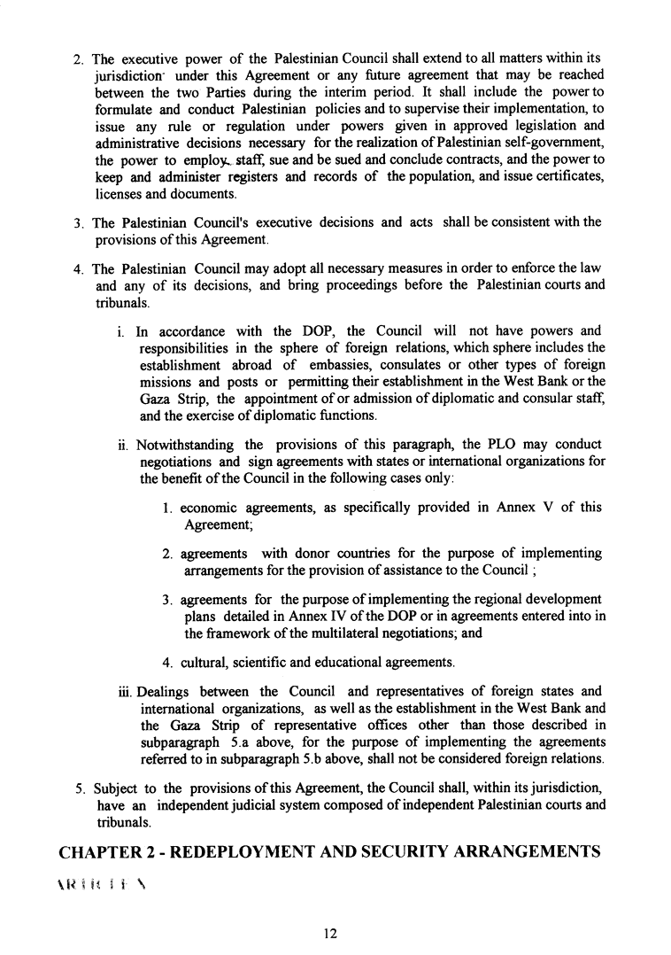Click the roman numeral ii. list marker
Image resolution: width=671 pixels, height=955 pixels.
pos(122,444)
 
